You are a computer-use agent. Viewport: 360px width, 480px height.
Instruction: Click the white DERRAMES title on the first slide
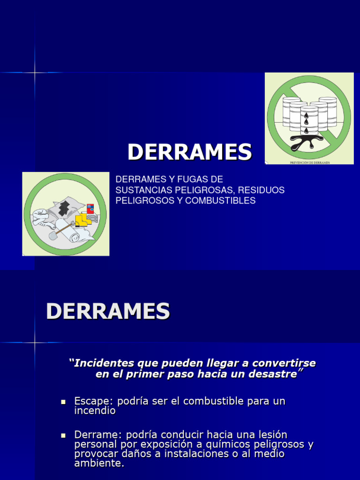coord(190,152)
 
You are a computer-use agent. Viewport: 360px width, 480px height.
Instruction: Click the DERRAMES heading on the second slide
coord(108,311)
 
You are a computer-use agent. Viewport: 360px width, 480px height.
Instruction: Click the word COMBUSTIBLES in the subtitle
coord(220,201)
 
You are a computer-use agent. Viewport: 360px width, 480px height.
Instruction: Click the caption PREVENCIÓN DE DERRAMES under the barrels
coord(309,162)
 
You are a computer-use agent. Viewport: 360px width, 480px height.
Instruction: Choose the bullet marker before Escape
coord(63,402)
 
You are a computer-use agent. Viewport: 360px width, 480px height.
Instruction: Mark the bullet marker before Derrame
coord(63,435)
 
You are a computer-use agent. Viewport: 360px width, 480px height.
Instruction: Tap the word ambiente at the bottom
coord(98,464)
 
